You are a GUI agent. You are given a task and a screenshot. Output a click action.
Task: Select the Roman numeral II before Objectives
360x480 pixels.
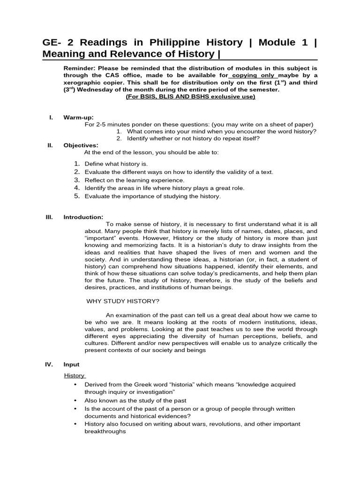(51, 145)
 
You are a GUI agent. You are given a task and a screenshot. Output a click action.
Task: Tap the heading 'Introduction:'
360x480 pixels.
(83, 217)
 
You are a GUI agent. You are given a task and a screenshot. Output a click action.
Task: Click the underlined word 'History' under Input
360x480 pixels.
(74, 375)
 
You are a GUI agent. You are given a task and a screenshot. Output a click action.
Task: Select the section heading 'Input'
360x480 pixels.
(72, 364)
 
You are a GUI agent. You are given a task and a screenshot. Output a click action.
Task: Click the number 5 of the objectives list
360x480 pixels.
(77, 196)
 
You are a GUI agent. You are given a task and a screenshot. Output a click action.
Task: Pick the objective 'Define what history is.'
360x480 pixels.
(116, 164)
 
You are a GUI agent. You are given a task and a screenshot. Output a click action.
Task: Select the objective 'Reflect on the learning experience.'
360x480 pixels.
(135, 180)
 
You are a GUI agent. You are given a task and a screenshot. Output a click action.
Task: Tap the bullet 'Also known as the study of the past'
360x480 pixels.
(135, 400)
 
